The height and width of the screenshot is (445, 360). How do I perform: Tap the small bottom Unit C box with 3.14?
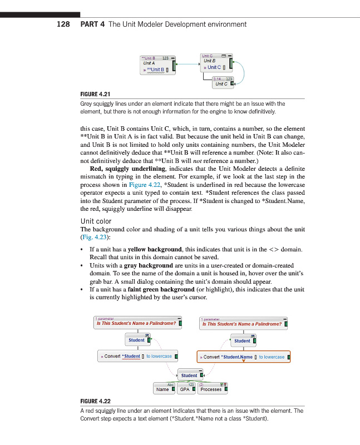pyautogui.click(x=222, y=82)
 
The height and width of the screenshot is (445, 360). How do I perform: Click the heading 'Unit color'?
pyautogui.click(x=96, y=221)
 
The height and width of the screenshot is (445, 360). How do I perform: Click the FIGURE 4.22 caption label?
pyautogui.click(x=96, y=401)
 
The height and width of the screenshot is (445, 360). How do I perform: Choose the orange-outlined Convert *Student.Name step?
pyautogui.click(x=244, y=357)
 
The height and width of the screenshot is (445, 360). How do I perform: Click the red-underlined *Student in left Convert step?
pyautogui.click(x=131, y=356)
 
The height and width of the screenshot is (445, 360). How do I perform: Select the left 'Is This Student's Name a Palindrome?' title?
pyautogui.click(x=137, y=323)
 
